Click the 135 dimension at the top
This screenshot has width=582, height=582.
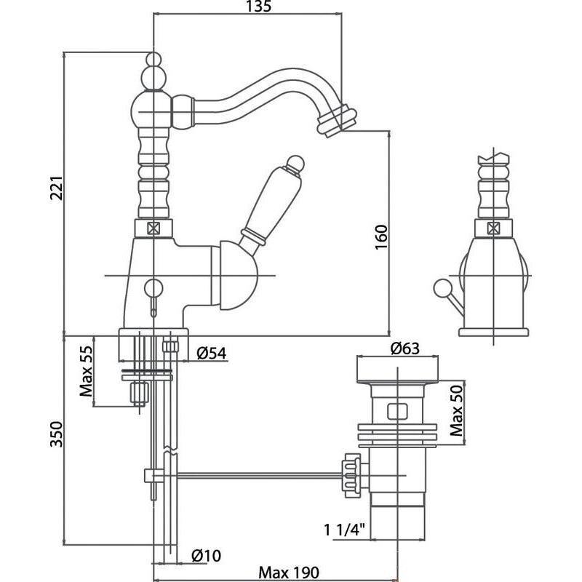[x=254, y=8]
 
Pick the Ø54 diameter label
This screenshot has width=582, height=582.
[x=212, y=353]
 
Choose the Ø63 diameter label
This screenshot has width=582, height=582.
[x=405, y=348]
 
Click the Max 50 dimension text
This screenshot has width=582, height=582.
[x=457, y=410]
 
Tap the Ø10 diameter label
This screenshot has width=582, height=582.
[x=206, y=556]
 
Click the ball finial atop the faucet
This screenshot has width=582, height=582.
[x=153, y=60]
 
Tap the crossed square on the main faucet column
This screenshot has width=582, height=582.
[x=153, y=227]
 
